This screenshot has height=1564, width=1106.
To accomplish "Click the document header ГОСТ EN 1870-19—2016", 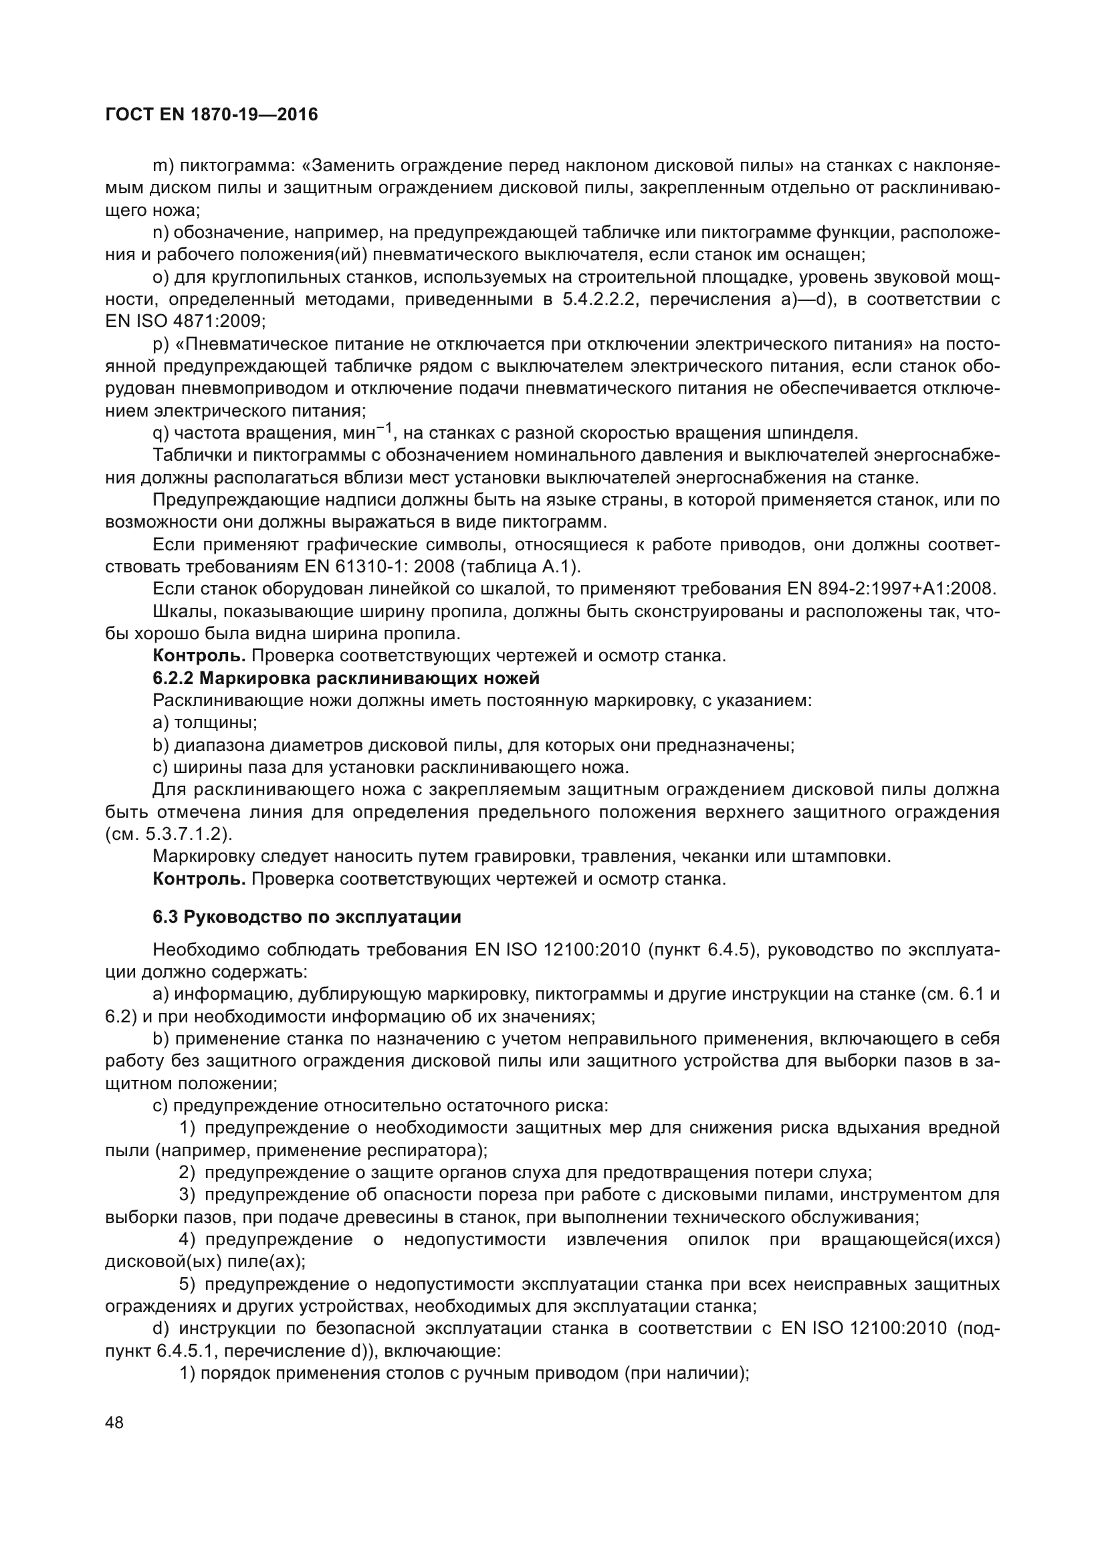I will coord(212,114).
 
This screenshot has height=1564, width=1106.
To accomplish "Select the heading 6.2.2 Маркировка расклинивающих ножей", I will coord(346,679).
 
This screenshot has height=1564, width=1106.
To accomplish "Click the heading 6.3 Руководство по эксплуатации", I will coord(306,917).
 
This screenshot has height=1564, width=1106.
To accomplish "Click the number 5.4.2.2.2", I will coord(600,299).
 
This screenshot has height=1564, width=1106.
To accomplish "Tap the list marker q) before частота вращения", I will coord(160,433).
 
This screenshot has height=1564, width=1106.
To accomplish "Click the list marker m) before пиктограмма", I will coord(162,166).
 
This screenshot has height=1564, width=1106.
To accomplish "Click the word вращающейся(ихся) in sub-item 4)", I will coord(911,1240).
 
